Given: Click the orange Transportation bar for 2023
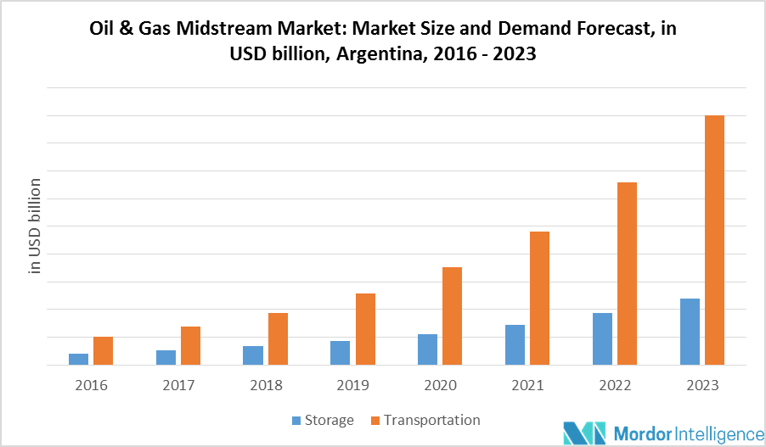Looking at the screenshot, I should (x=714, y=240).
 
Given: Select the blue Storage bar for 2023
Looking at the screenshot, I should (x=690, y=332).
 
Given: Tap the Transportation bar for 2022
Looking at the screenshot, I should (x=627, y=273).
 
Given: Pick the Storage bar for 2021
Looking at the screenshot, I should (x=515, y=344).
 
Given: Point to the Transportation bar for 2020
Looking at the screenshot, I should (x=452, y=316).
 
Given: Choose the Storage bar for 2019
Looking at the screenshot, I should (x=341, y=353).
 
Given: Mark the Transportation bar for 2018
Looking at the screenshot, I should (x=278, y=338).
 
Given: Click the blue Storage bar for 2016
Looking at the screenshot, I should (x=79, y=359).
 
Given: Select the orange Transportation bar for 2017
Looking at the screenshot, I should (x=190, y=345).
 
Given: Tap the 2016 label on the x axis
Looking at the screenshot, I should (x=91, y=385).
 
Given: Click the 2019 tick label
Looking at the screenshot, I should (x=352, y=385).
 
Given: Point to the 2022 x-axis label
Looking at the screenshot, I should (x=614, y=385).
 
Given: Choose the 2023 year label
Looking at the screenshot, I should (x=701, y=385).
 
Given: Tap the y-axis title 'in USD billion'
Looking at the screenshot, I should (x=36, y=226).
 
